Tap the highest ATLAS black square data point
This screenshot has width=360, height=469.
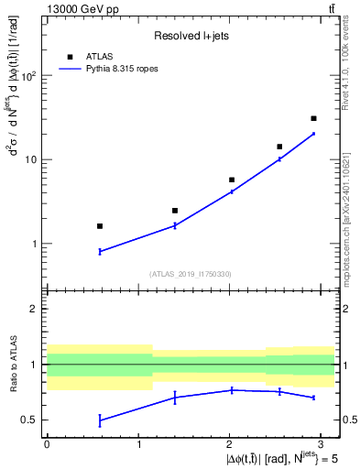click(x=313, y=118)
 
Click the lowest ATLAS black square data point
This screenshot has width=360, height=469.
click(x=100, y=225)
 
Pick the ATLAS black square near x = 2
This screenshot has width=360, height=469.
click(x=232, y=180)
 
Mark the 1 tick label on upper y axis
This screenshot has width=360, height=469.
click(x=35, y=245)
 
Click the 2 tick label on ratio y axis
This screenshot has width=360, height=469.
click(x=35, y=309)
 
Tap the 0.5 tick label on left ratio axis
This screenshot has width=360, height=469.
click(x=30, y=420)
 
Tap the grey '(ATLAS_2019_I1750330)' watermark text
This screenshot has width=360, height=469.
click(x=191, y=273)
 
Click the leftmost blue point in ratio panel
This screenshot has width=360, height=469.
click(x=100, y=420)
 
